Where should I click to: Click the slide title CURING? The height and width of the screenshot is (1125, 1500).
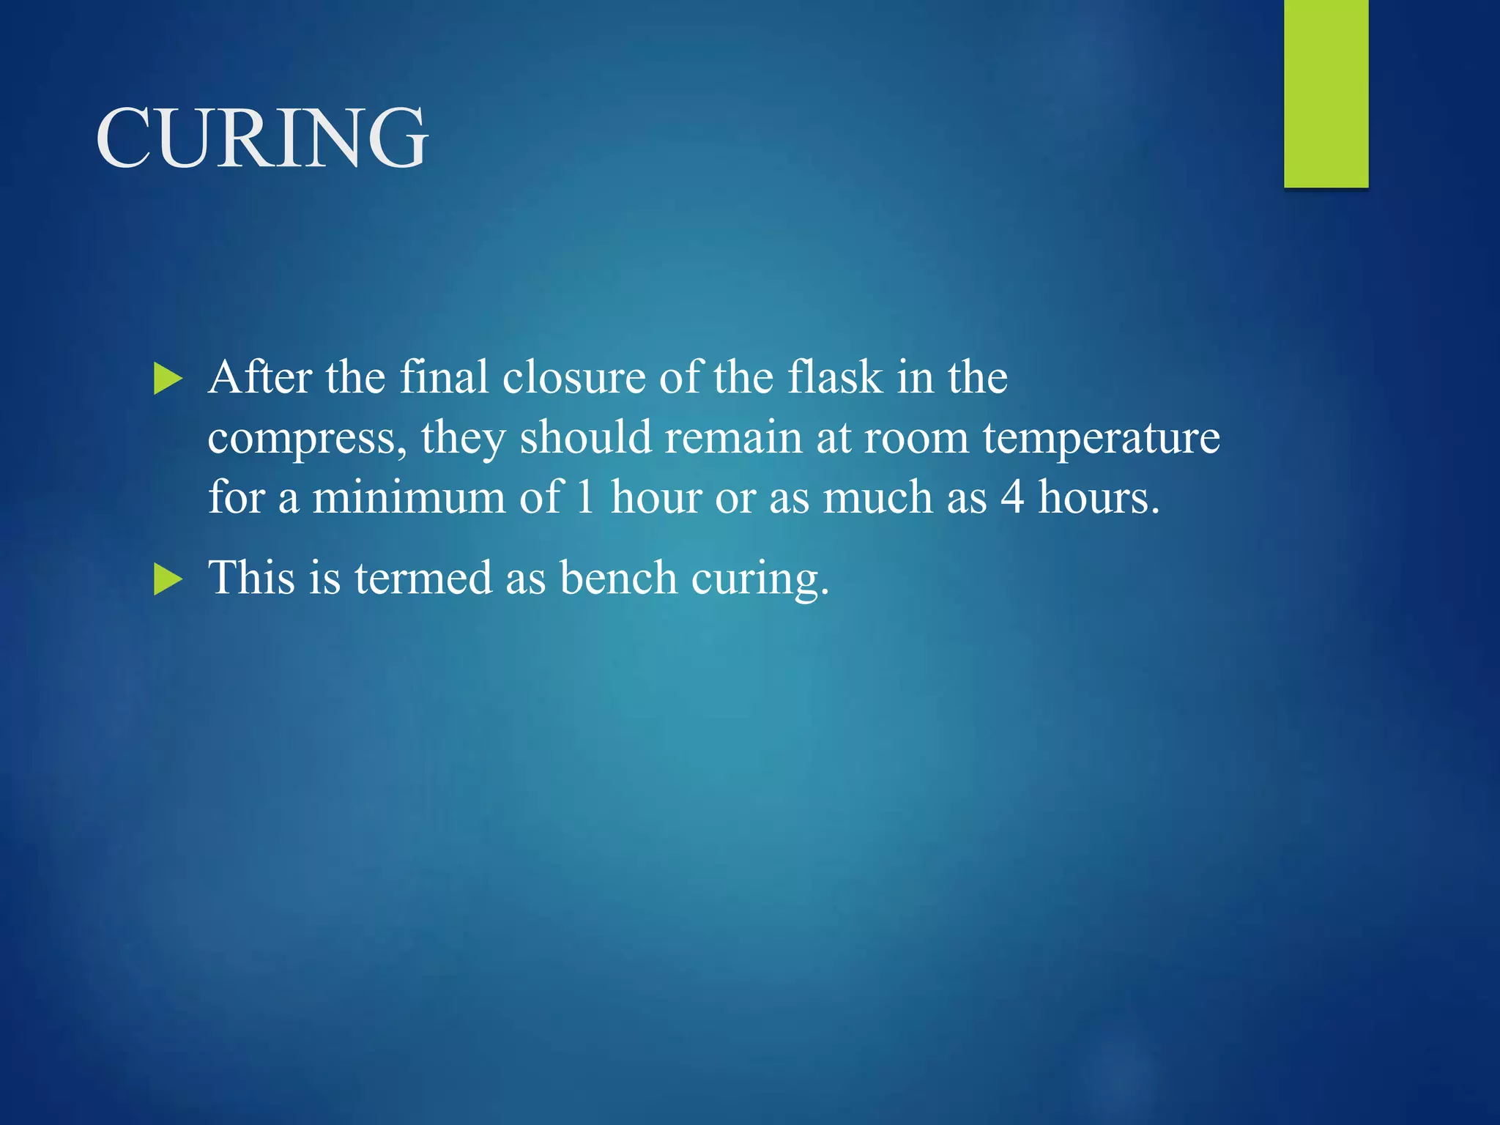(261, 138)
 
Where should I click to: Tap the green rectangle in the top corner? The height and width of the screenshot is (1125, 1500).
(1326, 93)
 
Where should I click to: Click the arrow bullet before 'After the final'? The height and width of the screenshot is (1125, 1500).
(168, 380)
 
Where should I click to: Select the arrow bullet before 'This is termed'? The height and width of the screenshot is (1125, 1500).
(168, 580)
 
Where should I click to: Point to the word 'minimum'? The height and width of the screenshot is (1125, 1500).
(409, 497)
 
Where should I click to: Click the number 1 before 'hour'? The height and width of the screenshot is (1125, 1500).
(584, 497)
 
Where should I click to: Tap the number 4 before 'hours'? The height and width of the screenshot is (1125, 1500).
(1012, 497)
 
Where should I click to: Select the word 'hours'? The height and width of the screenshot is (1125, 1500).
(1099, 497)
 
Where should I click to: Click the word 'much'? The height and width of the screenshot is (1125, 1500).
(878, 497)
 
